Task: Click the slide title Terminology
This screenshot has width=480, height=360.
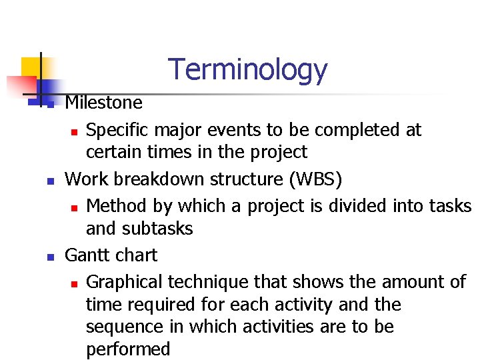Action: [247, 69]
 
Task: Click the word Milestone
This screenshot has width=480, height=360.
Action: [103, 103]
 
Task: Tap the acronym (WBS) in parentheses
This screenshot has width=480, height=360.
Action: [324, 179]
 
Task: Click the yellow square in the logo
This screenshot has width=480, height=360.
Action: [32, 68]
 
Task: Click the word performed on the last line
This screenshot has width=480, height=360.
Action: [128, 349]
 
